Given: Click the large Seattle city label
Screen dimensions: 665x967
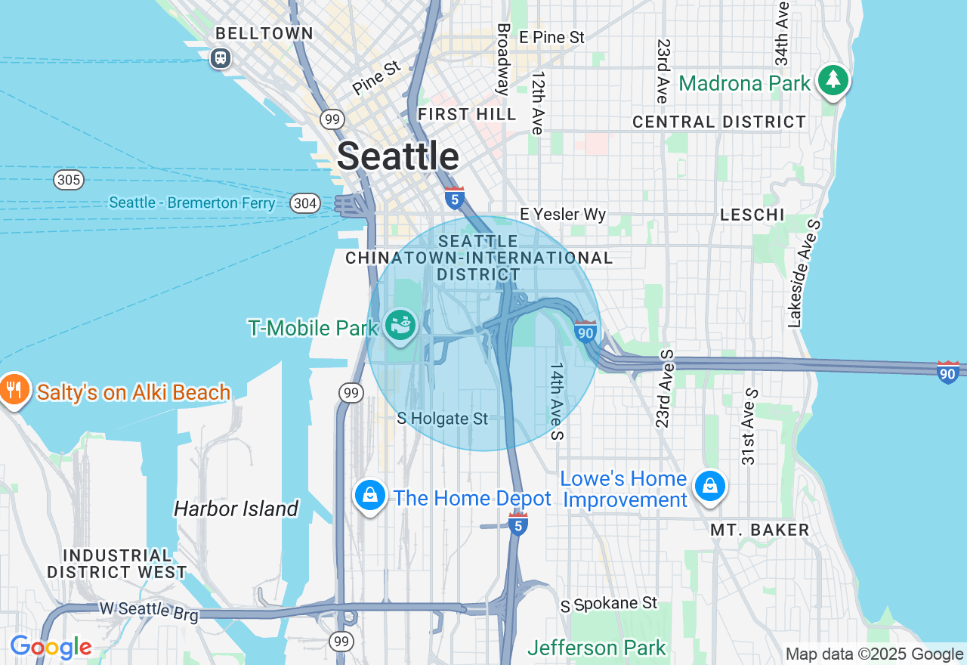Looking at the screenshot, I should tap(397, 156).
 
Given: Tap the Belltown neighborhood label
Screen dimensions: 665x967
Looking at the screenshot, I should tap(264, 33).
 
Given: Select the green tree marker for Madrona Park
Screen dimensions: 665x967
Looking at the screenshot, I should tap(833, 80).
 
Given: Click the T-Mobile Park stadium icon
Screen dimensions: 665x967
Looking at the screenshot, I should tap(400, 326).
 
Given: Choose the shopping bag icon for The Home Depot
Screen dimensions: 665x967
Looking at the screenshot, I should tap(370, 496).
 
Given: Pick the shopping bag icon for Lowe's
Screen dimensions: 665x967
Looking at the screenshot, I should tap(710, 486).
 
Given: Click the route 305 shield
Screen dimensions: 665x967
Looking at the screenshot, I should tap(69, 180).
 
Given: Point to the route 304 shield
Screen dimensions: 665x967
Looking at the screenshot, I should tap(304, 203).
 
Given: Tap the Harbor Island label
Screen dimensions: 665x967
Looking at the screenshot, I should tap(236, 509).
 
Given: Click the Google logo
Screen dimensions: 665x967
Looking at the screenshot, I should tap(51, 648).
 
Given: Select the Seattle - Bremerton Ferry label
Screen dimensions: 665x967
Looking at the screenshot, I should tap(192, 203).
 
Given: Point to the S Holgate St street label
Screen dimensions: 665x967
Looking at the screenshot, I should tap(443, 419).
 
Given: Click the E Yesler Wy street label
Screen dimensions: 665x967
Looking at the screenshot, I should tap(563, 215).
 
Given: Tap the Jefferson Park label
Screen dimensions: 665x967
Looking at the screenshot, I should tap(597, 648).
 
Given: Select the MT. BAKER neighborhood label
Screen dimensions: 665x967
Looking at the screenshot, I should tap(759, 530).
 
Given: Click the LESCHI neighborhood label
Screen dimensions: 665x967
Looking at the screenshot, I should tap(752, 215).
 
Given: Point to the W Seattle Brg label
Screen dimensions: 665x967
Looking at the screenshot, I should tap(149, 611).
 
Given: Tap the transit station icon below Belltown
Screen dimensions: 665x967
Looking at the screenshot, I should tap(221, 57).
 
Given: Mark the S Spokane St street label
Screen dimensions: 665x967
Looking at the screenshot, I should tap(609, 605).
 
